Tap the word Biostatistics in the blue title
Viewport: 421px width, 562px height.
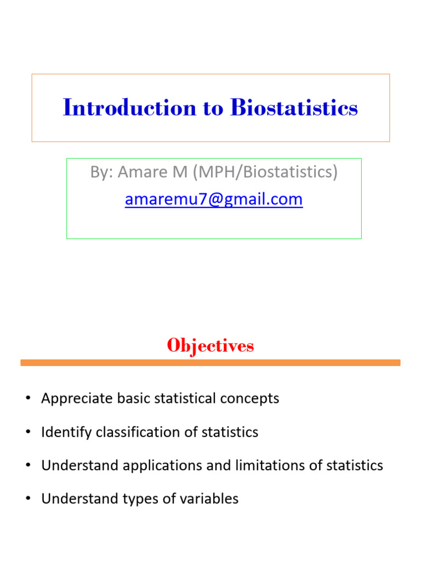(294, 108)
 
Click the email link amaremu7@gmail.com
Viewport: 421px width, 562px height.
(214, 199)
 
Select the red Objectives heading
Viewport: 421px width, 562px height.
(210, 346)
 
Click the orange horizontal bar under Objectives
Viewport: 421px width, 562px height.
(210, 363)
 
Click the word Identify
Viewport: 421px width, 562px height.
(66, 432)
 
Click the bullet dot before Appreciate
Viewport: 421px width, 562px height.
(28, 399)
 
